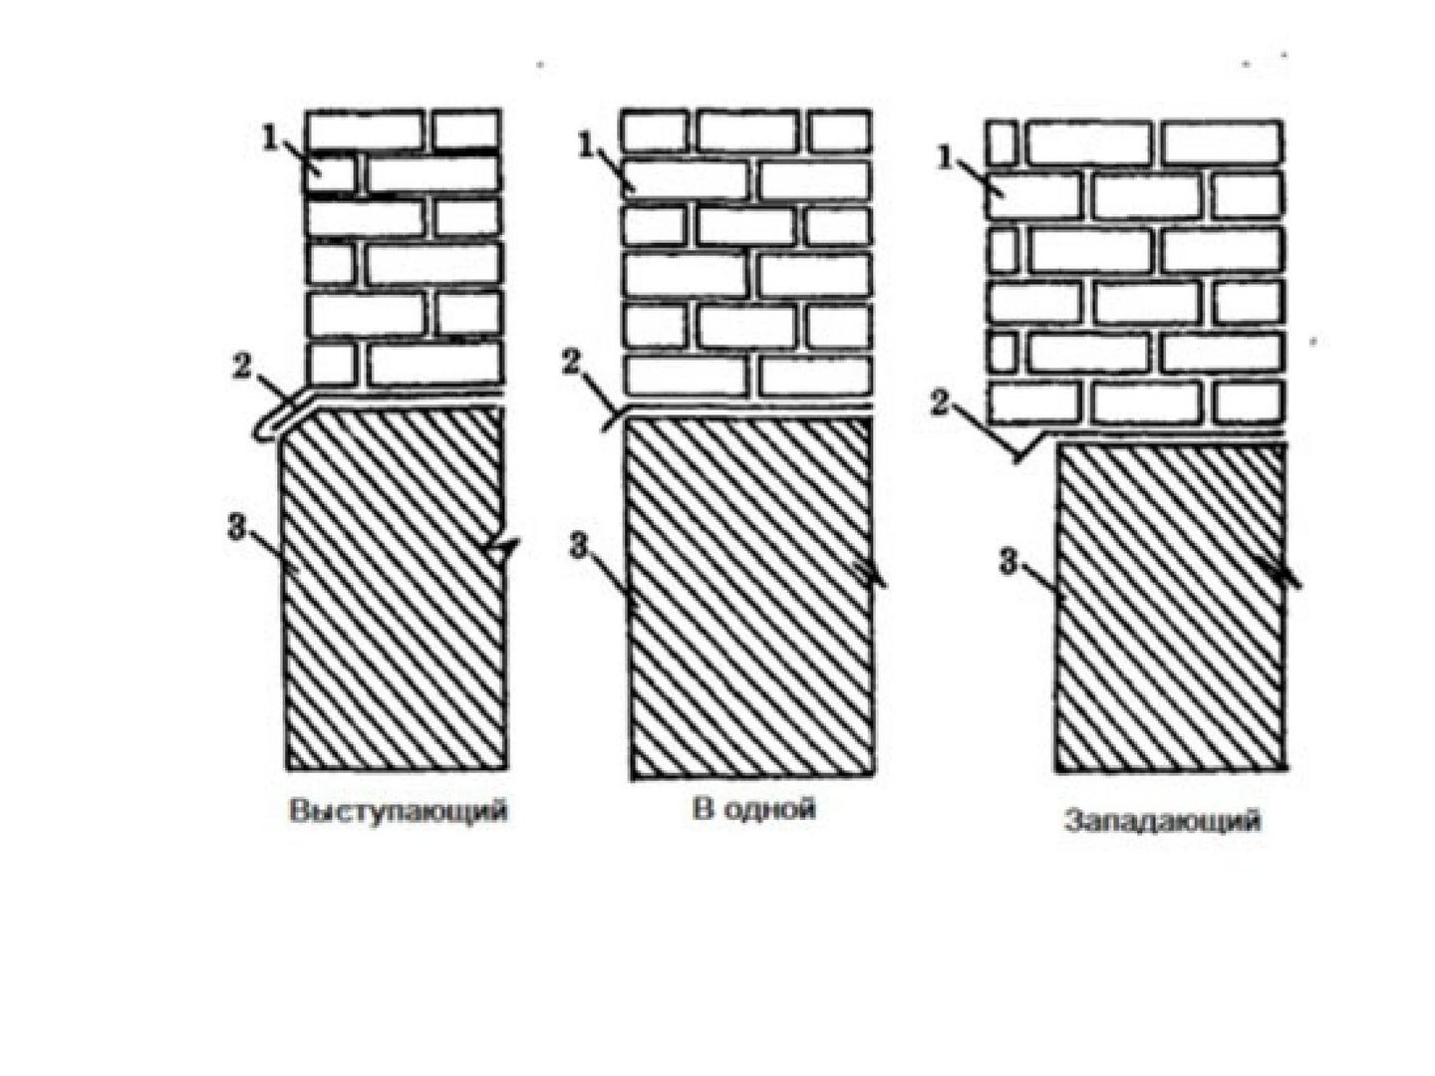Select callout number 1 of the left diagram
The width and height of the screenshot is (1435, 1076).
pos(269,137)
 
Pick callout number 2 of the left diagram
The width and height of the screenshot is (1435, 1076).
pos(241,368)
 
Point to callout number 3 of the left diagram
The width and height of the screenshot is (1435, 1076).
pos(235,528)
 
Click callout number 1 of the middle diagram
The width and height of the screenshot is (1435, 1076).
pos(584,146)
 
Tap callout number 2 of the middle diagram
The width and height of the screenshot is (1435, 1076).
pos(571,363)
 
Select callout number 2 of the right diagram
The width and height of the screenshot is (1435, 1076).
pos(940,403)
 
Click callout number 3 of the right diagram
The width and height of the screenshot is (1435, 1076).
pos(1008,562)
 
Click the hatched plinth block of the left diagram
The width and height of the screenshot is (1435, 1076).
pos(395,588)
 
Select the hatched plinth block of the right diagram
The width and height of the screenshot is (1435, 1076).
pos(1170,608)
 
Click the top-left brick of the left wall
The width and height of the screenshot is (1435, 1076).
pos(364,130)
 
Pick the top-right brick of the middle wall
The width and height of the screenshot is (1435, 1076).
pos(839,131)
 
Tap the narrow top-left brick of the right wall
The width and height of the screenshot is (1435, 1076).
pos(1001,141)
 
